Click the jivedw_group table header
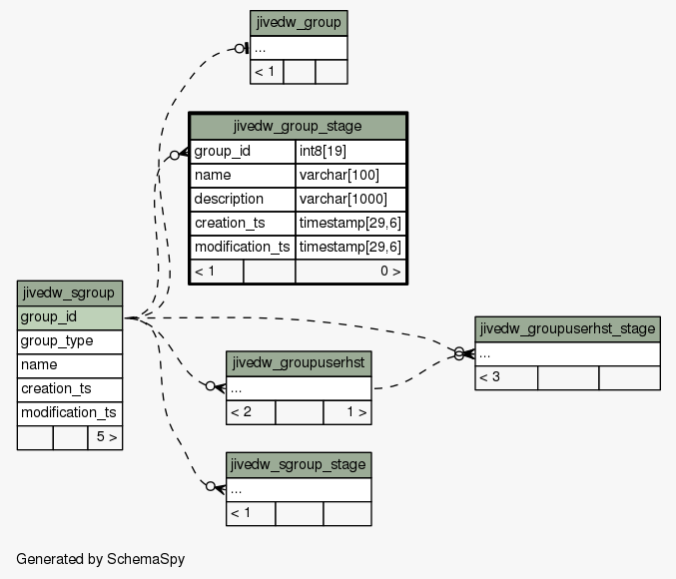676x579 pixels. click(x=299, y=23)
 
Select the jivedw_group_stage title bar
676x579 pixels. click(x=298, y=127)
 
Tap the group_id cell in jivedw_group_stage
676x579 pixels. click(x=243, y=152)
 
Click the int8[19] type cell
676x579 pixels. click(x=350, y=152)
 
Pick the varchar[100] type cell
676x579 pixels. click(x=350, y=176)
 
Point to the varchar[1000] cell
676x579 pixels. click(x=350, y=200)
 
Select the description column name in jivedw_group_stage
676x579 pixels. click(x=243, y=200)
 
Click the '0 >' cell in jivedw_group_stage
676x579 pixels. click(x=350, y=272)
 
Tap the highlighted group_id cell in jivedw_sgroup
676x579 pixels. click(x=70, y=317)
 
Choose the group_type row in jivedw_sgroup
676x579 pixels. click(x=70, y=341)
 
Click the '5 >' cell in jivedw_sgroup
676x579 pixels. click(x=105, y=437)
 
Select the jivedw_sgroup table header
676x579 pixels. click(x=70, y=293)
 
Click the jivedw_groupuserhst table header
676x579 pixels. click(x=299, y=363)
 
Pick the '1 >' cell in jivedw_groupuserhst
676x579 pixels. click(x=347, y=412)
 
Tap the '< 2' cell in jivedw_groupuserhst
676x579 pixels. click(x=251, y=412)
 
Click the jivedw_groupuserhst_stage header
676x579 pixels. click(x=567, y=329)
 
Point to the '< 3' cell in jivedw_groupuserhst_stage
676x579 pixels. click(x=506, y=377)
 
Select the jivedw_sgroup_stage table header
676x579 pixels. click(x=299, y=465)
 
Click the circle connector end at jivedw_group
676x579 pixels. click(x=240, y=49)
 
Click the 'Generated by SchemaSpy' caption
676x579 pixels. click(x=101, y=559)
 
